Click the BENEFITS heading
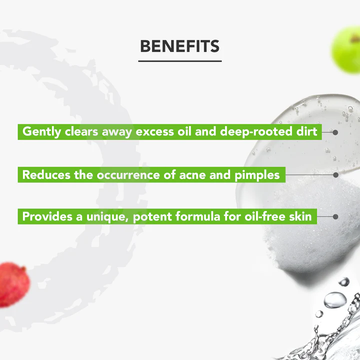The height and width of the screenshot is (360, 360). tap(180, 46)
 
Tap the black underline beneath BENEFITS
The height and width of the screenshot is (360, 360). tap(180, 61)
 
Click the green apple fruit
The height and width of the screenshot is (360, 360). tap(346, 50)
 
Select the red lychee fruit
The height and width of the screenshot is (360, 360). tap(14, 284)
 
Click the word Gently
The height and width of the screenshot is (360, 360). tap(42, 132)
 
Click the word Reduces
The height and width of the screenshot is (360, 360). tap(46, 174)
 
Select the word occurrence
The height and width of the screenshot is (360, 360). tap(128, 175)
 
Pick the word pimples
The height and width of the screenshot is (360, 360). tap(257, 175)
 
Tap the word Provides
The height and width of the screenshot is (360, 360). tap(47, 216)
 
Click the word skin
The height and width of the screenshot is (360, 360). tap(300, 216)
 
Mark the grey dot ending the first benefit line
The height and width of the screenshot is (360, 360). tap(335, 132)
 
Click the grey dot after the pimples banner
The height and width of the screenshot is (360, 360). tap(335, 175)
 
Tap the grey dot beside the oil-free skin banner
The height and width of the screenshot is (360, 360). tap(335, 216)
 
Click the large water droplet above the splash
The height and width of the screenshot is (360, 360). tap(335, 300)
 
